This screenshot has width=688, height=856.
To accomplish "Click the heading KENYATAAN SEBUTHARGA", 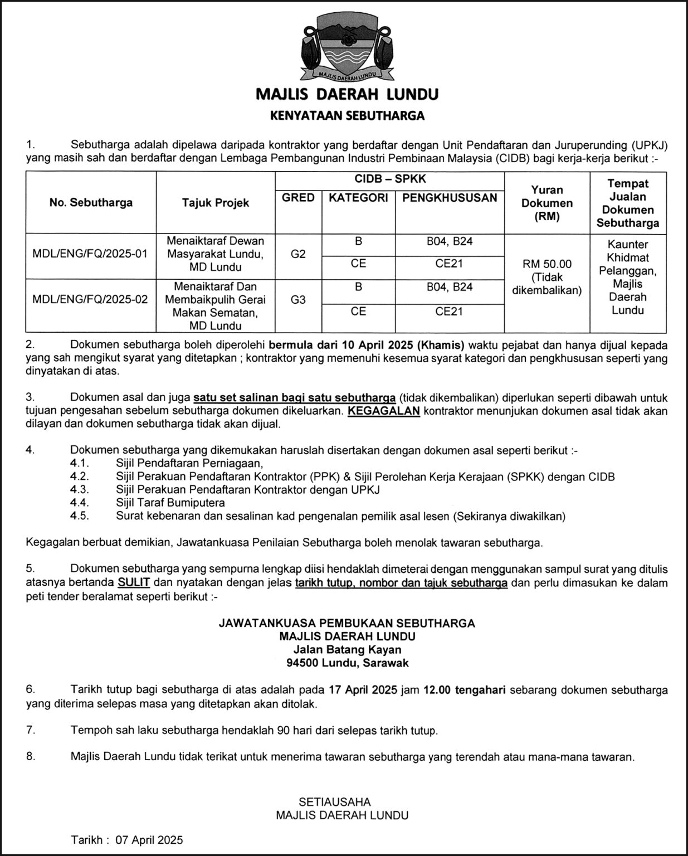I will coord(347,116).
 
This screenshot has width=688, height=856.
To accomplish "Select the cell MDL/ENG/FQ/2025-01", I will coord(90,254).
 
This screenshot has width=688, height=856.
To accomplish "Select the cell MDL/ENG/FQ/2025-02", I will coord(90,299).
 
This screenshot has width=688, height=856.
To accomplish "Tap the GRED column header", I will coord(298,198).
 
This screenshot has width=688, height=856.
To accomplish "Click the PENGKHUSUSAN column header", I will coord(450,198).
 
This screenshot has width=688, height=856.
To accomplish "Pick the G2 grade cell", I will coord(298,254).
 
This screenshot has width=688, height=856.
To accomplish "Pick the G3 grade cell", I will coord(298,299).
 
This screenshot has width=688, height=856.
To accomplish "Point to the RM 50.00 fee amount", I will coord(547,264).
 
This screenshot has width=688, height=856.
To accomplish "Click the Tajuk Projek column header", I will coord(216,203).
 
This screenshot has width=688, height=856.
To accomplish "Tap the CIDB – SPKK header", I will coord(390,179).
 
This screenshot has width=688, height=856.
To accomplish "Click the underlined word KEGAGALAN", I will coord(383,411).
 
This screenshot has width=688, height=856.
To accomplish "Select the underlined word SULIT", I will coord(134,583).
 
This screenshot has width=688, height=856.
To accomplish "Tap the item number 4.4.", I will coord(80,503).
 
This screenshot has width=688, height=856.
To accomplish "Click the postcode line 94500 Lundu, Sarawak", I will coord(347,663).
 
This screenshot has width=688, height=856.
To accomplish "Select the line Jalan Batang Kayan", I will coord(347,650).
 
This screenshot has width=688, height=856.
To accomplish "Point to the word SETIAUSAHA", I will coord(334,802).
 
